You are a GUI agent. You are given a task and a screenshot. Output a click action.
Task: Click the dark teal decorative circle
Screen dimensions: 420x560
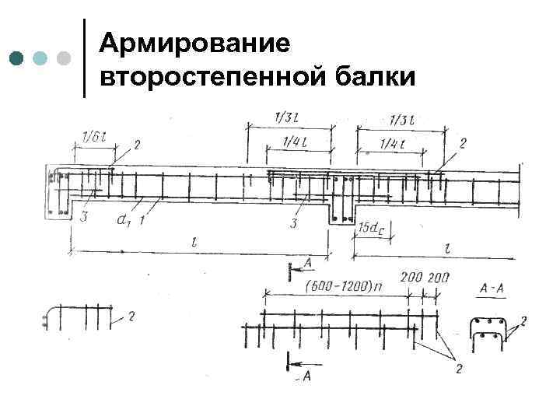click(17, 58)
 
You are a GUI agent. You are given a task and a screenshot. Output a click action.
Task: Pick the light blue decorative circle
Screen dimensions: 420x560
click(41, 58)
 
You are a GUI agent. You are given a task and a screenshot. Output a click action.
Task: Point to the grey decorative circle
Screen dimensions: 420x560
click(65, 58)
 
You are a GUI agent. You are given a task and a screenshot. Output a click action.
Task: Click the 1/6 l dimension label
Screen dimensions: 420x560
click(93, 138)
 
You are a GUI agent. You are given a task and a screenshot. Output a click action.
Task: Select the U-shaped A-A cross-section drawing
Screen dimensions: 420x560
click(487, 330)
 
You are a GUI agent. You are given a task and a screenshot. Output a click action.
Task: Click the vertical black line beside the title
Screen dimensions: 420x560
click(84, 58)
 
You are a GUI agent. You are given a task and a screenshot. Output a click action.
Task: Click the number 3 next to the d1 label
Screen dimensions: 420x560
click(83, 218)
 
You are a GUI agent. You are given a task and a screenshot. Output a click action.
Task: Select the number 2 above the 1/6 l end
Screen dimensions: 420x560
click(137, 145)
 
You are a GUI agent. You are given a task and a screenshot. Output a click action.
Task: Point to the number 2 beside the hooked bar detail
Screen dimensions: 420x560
click(131, 315)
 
